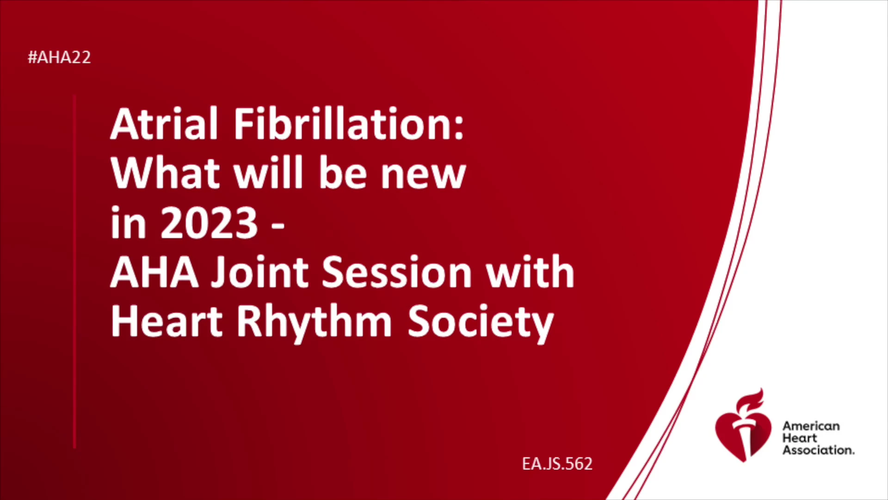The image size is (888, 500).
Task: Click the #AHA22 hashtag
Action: pyautogui.click(x=59, y=57)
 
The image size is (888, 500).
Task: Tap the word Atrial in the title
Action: pyautogui.click(x=164, y=124)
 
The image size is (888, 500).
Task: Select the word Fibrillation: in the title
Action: pyautogui.click(x=349, y=124)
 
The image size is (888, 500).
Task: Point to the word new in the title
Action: pyautogui.click(x=423, y=176)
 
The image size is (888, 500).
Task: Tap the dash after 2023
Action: pyautogui.click(x=277, y=226)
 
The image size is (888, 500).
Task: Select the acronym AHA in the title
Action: pyautogui.click(x=154, y=272)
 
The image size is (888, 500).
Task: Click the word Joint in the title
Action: pyautogui.click(x=260, y=272)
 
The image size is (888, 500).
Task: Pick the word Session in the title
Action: pyautogui.click(x=396, y=272)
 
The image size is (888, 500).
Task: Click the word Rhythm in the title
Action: pyautogui.click(x=314, y=323)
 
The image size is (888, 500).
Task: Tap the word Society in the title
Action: pyautogui.click(x=481, y=323)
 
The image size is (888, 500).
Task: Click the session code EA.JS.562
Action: pyautogui.click(x=557, y=464)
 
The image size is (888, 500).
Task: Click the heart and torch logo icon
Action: pyautogui.click(x=743, y=426)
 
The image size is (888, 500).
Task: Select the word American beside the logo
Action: pyautogui.click(x=811, y=426)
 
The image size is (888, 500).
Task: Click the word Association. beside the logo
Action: pyautogui.click(x=818, y=450)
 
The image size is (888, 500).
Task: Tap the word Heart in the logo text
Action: pyautogui.click(x=800, y=438)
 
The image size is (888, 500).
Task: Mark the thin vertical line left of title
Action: pyautogui.click(x=74, y=271)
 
